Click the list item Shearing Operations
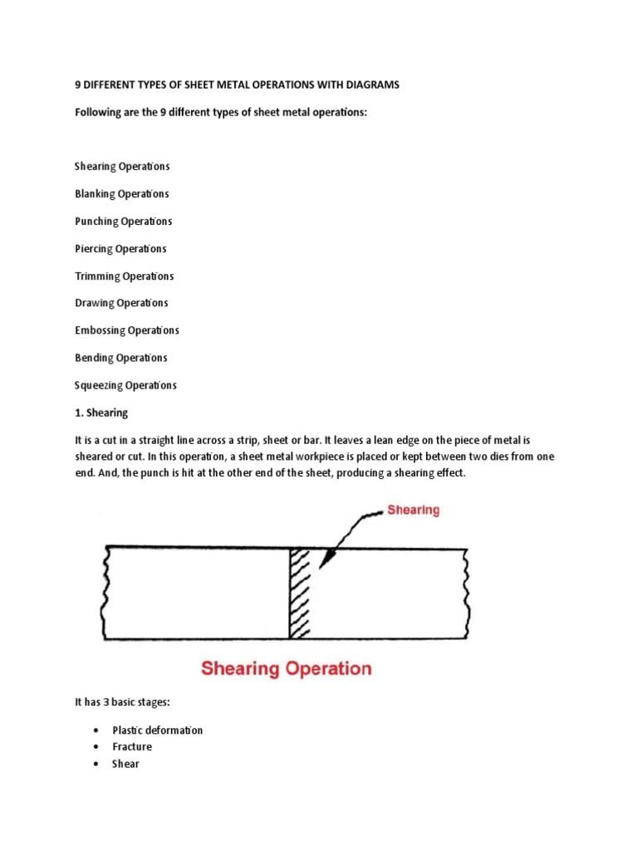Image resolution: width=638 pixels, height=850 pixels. (x=122, y=166)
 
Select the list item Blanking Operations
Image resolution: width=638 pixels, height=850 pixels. (x=122, y=193)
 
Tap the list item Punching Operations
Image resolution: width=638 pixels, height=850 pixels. (x=124, y=222)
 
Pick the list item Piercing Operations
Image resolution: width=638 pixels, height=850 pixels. (x=120, y=249)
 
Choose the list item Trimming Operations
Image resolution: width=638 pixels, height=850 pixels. (x=125, y=276)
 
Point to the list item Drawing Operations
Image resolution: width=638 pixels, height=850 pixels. (x=121, y=303)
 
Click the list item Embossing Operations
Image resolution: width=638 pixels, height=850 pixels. (x=127, y=330)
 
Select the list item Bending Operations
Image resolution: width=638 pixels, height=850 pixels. (x=121, y=358)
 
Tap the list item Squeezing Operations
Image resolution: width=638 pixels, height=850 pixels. (x=125, y=385)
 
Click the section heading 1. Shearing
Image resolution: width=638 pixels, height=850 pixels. (x=101, y=413)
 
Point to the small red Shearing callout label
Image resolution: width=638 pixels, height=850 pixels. (x=413, y=510)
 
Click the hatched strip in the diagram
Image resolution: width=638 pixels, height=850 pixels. (x=299, y=593)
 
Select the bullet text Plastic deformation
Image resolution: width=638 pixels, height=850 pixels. (x=158, y=730)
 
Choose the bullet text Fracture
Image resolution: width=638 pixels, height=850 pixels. (x=132, y=747)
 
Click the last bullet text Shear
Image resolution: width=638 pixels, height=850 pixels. (x=125, y=764)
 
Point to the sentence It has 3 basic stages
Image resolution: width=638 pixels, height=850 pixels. (x=122, y=702)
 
